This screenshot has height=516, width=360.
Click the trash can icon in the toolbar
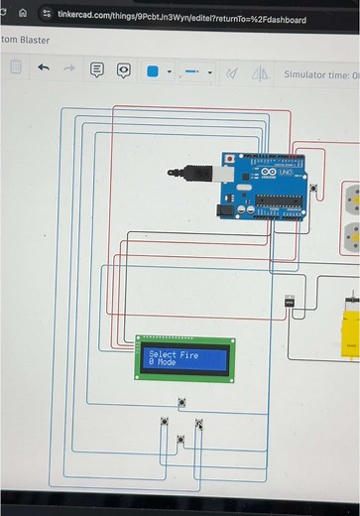click(x=15, y=68)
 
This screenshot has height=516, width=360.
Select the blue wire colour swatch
click(x=153, y=71)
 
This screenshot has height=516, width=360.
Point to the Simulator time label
click(x=319, y=74)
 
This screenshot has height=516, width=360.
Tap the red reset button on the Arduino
click(x=229, y=159)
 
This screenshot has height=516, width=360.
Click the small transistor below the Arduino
click(x=290, y=301)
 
